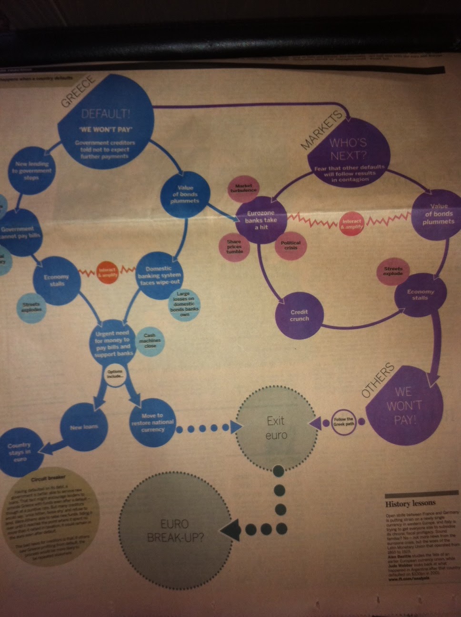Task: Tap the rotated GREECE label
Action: click(x=78, y=92)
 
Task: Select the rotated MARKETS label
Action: click(x=322, y=130)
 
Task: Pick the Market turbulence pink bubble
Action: click(x=243, y=188)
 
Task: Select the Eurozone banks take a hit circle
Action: click(x=261, y=220)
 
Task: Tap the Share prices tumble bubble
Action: click(x=234, y=247)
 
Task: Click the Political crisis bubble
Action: click(x=291, y=245)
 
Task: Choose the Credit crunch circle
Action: click(x=299, y=315)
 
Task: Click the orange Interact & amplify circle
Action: click(x=107, y=272)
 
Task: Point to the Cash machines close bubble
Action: click(x=150, y=341)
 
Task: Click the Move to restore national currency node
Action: click(x=152, y=422)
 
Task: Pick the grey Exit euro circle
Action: click(x=276, y=428)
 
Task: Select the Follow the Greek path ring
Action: click(x=343, y=421)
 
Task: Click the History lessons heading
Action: click(x=410, y=504)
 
